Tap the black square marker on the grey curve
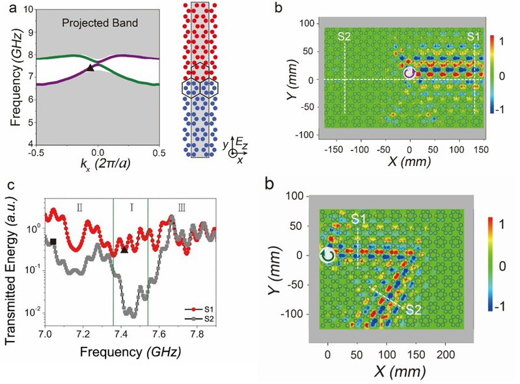(x=53, y=242)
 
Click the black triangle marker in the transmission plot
(x=124, y=249)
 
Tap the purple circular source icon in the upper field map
(x=409, y=74)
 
